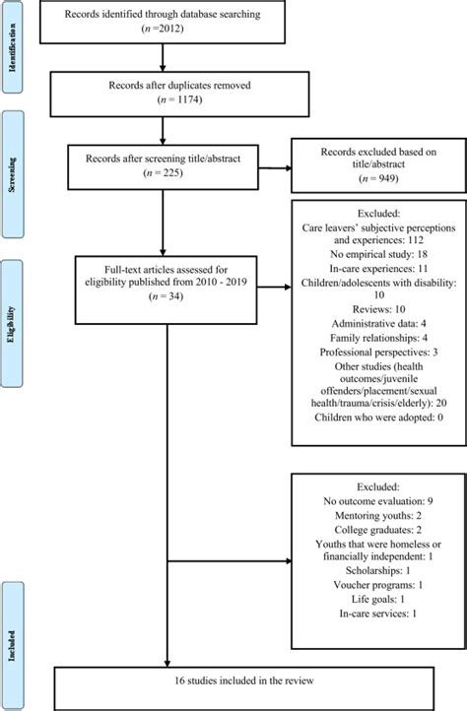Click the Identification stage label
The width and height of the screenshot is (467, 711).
[x=12, y=47]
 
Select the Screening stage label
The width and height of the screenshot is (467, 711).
[x=12, y=174]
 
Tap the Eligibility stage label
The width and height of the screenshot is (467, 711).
[x=12, y=324]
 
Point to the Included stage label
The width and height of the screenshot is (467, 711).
[x=12, y=645]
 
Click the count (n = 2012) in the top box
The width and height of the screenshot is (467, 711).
[x=163, y=29]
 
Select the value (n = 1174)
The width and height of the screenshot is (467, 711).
[x=179, y=99]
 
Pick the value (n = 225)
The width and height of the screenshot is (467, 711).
[x=163, y=172]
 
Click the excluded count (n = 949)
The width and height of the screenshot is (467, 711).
[x=378, y=178]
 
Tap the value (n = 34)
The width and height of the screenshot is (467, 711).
[x=166, y=296]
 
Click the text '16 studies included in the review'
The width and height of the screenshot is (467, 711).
[x=244, y=680]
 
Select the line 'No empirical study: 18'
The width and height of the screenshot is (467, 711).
[x=378, y=254]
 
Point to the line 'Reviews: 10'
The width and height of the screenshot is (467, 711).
[x=378, y=309]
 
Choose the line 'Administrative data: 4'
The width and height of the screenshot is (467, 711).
[x=378, y=324]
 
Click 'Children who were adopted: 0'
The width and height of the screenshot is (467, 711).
[x=378, y=418]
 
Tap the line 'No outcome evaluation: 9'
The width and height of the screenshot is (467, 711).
[x=377, y=501]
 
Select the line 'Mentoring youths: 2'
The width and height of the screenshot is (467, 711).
[x=377, y=516]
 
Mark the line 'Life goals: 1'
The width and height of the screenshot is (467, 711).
[x=377, y=599]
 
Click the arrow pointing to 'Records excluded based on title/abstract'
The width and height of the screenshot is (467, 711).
[x=275, y=168]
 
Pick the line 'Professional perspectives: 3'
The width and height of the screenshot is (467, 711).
[x=378, y=352]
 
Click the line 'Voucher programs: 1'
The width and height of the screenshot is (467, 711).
[x=377, y=585]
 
